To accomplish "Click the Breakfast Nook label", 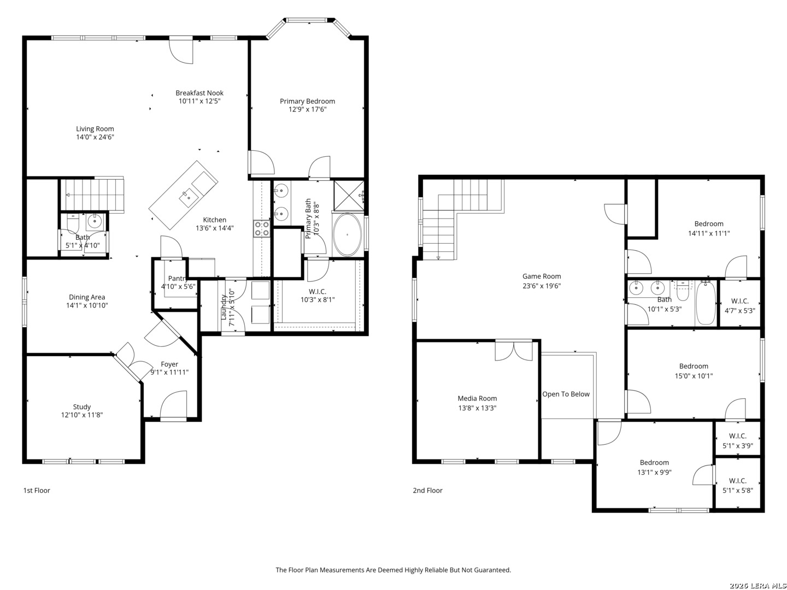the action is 199,93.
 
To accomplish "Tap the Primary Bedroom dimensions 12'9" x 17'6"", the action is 307,109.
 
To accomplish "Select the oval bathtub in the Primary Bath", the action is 346,235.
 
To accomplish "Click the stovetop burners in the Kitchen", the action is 262,228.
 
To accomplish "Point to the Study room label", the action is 82,407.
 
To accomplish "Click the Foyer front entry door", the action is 173,405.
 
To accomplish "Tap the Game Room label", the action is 542,276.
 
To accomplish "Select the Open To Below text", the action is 566,394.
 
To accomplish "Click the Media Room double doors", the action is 513,351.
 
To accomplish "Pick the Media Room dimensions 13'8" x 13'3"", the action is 477,408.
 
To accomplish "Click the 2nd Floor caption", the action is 427,491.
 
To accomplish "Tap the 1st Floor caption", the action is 37,491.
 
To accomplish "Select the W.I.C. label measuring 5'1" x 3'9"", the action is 737,436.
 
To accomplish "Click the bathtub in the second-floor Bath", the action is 706,303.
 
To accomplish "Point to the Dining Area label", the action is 87,297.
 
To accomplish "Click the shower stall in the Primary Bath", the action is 349,196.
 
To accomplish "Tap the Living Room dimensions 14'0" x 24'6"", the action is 95,137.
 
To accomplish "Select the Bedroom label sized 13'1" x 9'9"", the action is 654,463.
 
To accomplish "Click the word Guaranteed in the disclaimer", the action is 492,570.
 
